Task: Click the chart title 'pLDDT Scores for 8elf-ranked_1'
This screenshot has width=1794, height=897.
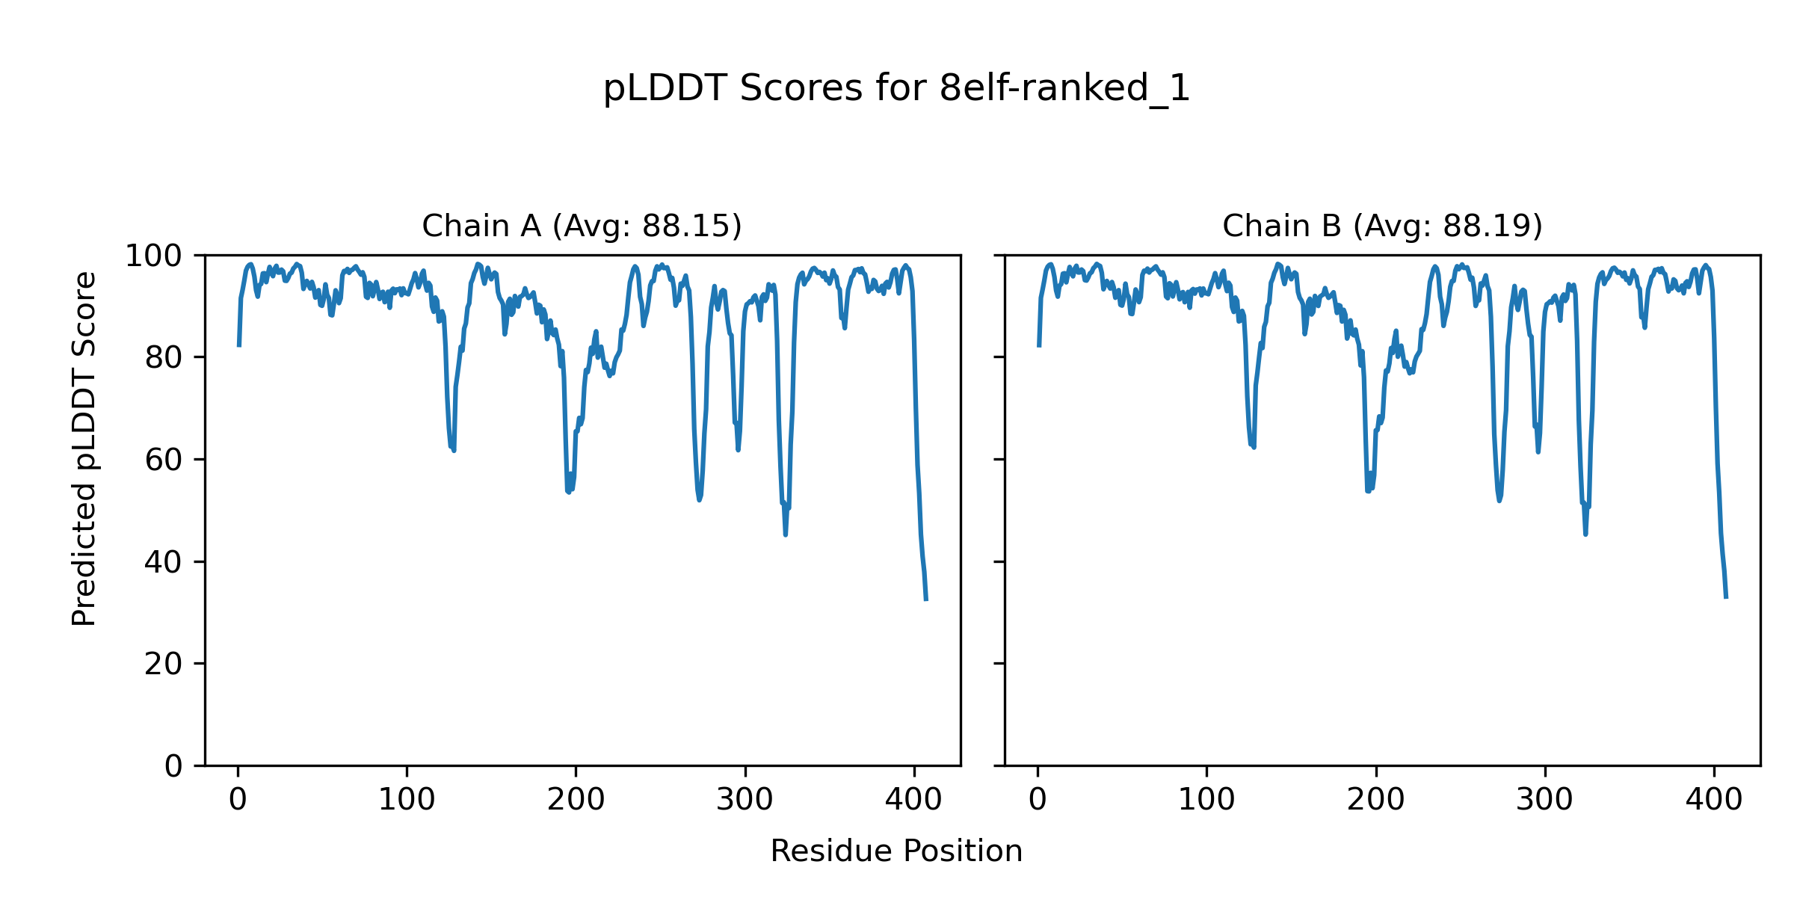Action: (896, 89)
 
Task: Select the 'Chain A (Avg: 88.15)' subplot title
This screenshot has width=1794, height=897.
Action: (582, 226)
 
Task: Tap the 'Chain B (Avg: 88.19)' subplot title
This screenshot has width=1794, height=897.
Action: (1382, 226)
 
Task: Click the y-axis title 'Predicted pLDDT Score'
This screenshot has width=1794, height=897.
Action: (84, 449)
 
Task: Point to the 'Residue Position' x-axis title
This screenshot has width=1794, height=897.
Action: (896, 851)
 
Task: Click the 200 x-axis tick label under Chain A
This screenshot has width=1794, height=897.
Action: (576, 801)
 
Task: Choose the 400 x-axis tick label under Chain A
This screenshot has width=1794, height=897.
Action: (913, 801)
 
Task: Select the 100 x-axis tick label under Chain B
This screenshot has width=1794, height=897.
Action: (1206, 801)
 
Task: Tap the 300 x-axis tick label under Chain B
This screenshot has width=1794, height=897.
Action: (1544, 801)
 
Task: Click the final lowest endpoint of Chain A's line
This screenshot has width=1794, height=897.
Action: (926, 600)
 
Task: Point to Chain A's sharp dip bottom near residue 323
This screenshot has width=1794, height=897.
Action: (785, 534)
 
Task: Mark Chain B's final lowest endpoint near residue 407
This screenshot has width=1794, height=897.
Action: (1726, 598)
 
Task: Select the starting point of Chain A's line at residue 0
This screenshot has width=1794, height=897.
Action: (238, 346)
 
